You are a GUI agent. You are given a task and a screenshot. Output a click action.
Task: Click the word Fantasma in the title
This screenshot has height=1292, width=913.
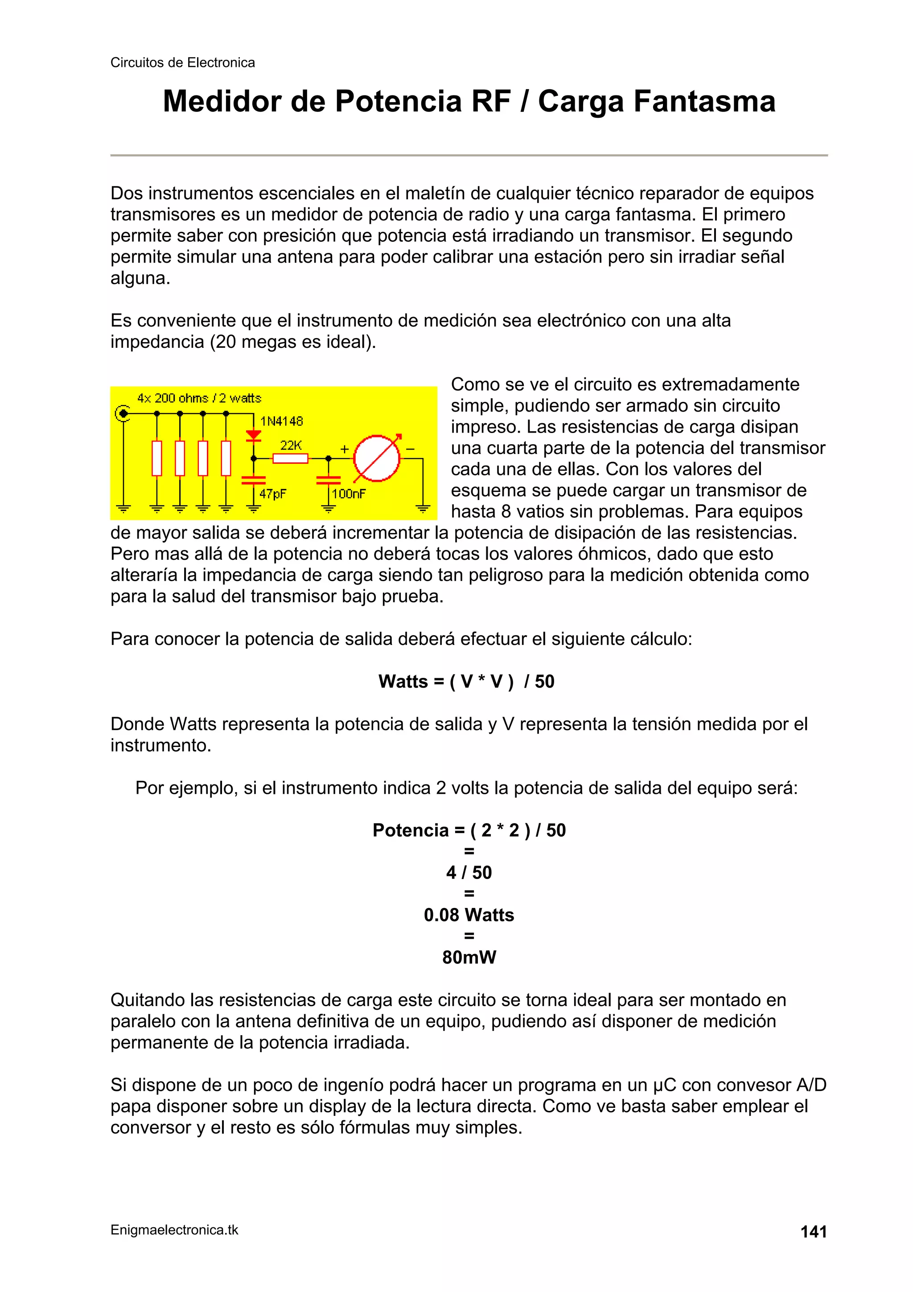[x=704, y=101]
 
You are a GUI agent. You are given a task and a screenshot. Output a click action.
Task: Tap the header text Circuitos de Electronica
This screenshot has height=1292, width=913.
[x=182, y=62]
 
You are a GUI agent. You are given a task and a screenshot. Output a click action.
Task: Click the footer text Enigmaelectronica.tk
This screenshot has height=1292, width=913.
[x=174, y=1230]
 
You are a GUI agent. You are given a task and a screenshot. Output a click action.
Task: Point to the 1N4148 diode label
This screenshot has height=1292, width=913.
[x=281, y=421]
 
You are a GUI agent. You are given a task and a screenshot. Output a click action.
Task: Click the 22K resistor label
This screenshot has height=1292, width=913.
[x=291, y=445]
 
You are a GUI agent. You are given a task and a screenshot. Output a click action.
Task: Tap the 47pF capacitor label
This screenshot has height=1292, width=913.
[x=272, y=494]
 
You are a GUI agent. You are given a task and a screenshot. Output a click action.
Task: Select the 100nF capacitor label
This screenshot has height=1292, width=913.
[x=349, y=494]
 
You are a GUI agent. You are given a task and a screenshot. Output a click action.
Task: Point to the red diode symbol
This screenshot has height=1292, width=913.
[x=254, y=435]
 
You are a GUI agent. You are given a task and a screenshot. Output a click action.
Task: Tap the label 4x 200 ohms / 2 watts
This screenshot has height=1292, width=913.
[x=199, y=398]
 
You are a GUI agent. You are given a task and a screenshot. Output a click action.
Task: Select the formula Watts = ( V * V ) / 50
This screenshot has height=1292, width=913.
[x=466, y=681]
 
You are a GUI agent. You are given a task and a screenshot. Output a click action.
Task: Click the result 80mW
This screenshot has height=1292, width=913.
[x=469, y=957]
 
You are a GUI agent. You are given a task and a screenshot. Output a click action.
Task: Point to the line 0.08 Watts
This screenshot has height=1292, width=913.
[x=469, y=915]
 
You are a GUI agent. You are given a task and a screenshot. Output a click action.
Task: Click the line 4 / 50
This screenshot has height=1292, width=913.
[x=469, y=872]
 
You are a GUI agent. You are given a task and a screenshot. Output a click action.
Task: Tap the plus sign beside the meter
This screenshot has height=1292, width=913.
[x=344, y=449]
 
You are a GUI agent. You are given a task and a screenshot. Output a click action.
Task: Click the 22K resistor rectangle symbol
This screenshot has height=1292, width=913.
[x=290, y=458]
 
